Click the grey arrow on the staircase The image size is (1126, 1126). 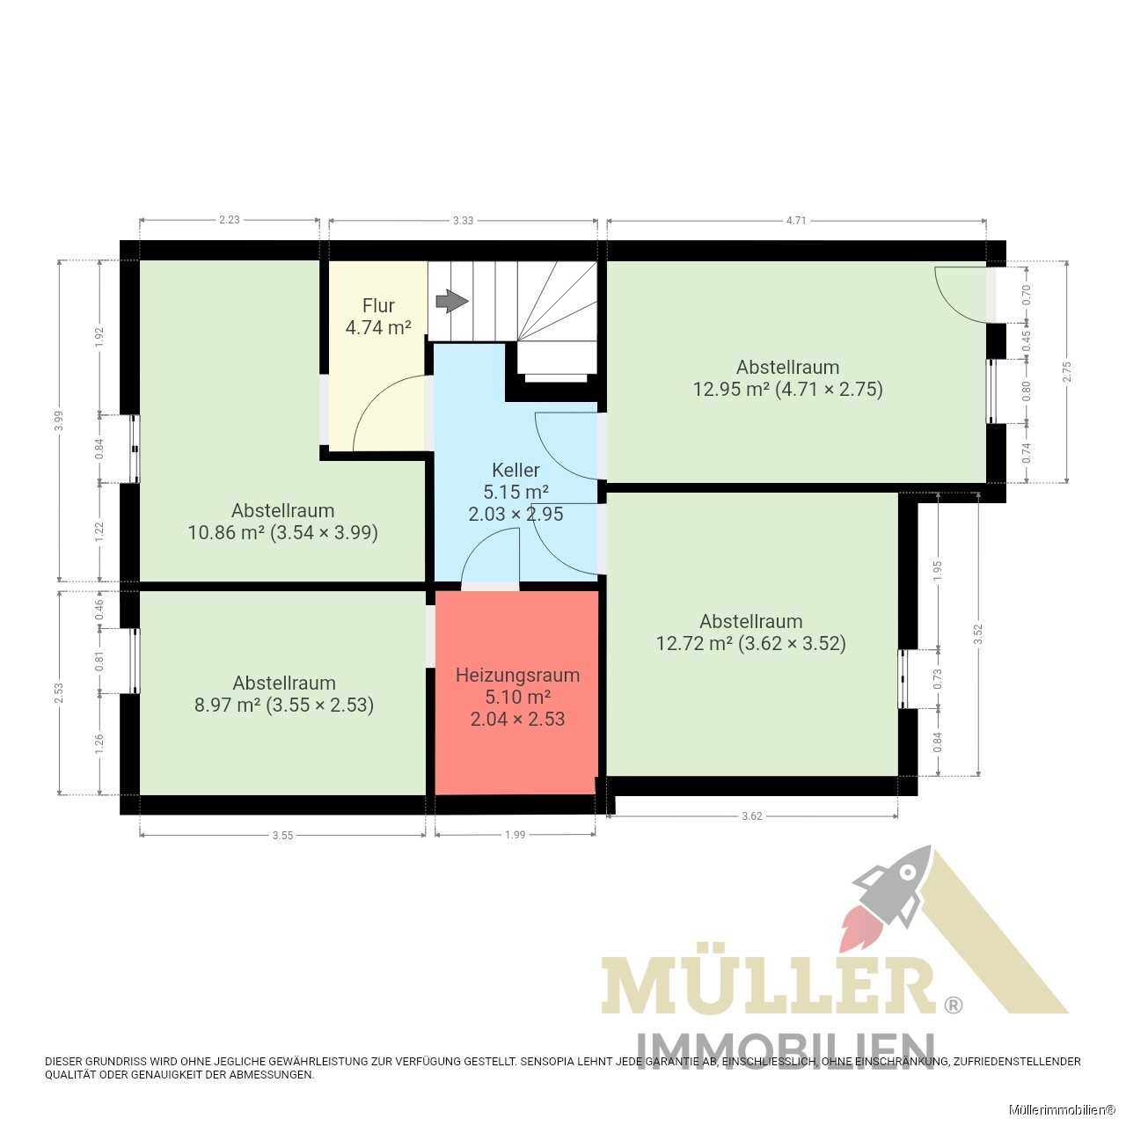451,301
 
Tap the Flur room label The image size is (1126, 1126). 378,305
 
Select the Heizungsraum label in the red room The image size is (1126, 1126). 517,675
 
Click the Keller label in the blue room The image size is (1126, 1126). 515,470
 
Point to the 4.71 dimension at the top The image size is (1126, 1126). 796,220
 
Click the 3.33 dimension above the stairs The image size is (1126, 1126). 463,220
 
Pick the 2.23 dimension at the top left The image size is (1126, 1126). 229,220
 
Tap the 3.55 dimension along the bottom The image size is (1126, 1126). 282,835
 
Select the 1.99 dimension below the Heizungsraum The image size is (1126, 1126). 515,835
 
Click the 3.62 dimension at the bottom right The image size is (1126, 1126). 752,815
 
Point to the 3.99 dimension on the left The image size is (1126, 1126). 58,420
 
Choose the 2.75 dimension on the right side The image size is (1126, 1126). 1066,371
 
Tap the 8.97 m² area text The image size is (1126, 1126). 227,706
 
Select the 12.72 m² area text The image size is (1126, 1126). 694,643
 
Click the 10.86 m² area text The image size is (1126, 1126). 225,533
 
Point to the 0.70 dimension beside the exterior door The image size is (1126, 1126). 1027,295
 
